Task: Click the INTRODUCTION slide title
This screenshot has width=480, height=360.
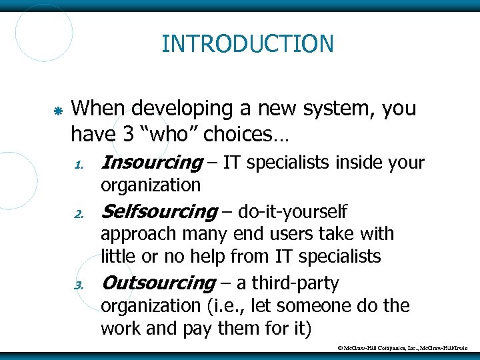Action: pos(247,44)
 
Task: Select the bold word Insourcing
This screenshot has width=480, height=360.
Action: pos(151,162)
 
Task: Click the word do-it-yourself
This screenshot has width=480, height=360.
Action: pos(294,212)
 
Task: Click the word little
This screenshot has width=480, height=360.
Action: pos(117,255)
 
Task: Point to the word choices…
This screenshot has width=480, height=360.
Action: pos(246,134)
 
